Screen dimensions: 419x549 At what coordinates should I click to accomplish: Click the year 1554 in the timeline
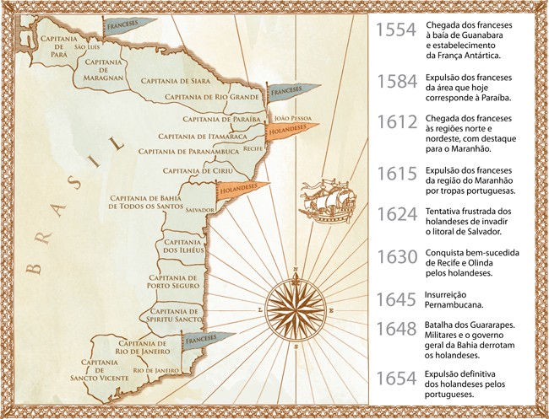395,32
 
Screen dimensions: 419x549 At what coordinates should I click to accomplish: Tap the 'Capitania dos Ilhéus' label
181,245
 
